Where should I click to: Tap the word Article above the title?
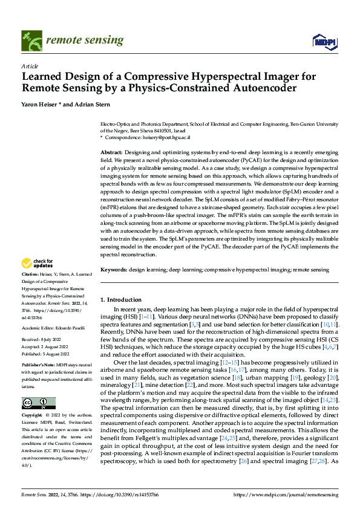30,66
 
